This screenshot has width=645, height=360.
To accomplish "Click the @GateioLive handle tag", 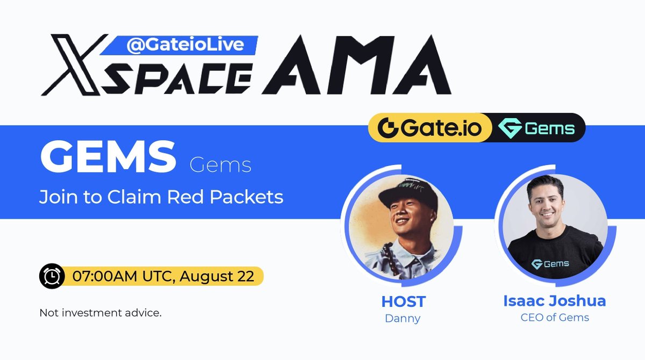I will click(x=185, y=46).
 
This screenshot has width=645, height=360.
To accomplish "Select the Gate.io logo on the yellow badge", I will click(x=429, y=128).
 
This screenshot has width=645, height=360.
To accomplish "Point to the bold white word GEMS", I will click(x=108, y=156).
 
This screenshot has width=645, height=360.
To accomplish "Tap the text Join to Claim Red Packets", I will click(x=161, y=197).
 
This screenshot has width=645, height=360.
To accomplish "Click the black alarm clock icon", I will click(x=52, y=276).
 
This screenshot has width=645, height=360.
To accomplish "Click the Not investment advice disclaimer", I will click(x=101, y=313).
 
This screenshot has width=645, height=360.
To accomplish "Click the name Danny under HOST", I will click(x=403, y=318).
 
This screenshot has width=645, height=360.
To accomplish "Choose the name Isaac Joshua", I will click(x=554, y=301).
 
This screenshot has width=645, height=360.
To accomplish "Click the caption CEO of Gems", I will click(x=554, y=318).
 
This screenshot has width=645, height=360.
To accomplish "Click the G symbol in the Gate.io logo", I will click(x=387, y=128).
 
